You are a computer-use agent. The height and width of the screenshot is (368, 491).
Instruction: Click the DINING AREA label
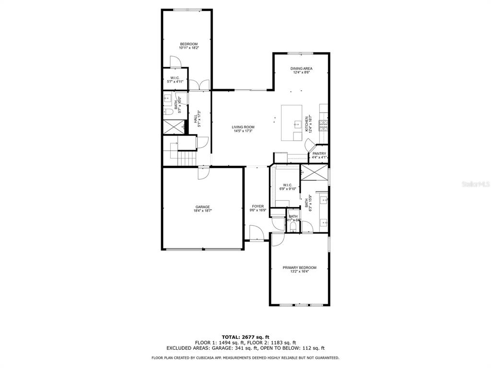(x=301, y=69)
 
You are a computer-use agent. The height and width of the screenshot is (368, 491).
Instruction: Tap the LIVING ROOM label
(x=243, y=127)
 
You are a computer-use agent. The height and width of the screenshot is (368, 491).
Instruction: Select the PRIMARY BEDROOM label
(x=299, y=267)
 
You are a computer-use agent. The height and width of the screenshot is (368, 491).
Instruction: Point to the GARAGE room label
(x=202, y=207)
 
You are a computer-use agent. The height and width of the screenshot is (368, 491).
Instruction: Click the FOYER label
(x=257, y=207)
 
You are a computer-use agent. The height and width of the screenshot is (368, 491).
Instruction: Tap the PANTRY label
(x=319, y=154)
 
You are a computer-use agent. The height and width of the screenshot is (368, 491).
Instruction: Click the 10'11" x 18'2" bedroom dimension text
(x=188, y=48)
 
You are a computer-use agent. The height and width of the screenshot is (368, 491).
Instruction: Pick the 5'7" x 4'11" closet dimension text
(x=175, y=82)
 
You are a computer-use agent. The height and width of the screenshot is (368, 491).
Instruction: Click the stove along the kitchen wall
(x=325, y=126)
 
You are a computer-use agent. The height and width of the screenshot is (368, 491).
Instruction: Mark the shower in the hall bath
(x=174, y=126)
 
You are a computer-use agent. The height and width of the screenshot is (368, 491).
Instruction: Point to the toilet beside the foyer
(x=292, y=227)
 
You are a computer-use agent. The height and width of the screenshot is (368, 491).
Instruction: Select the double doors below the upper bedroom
(x=199, y=85)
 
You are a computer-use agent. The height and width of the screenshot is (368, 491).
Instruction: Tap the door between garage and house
(x=203, y=172)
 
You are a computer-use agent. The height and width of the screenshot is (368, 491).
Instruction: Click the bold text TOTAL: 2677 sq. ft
(x=245, y=337)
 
